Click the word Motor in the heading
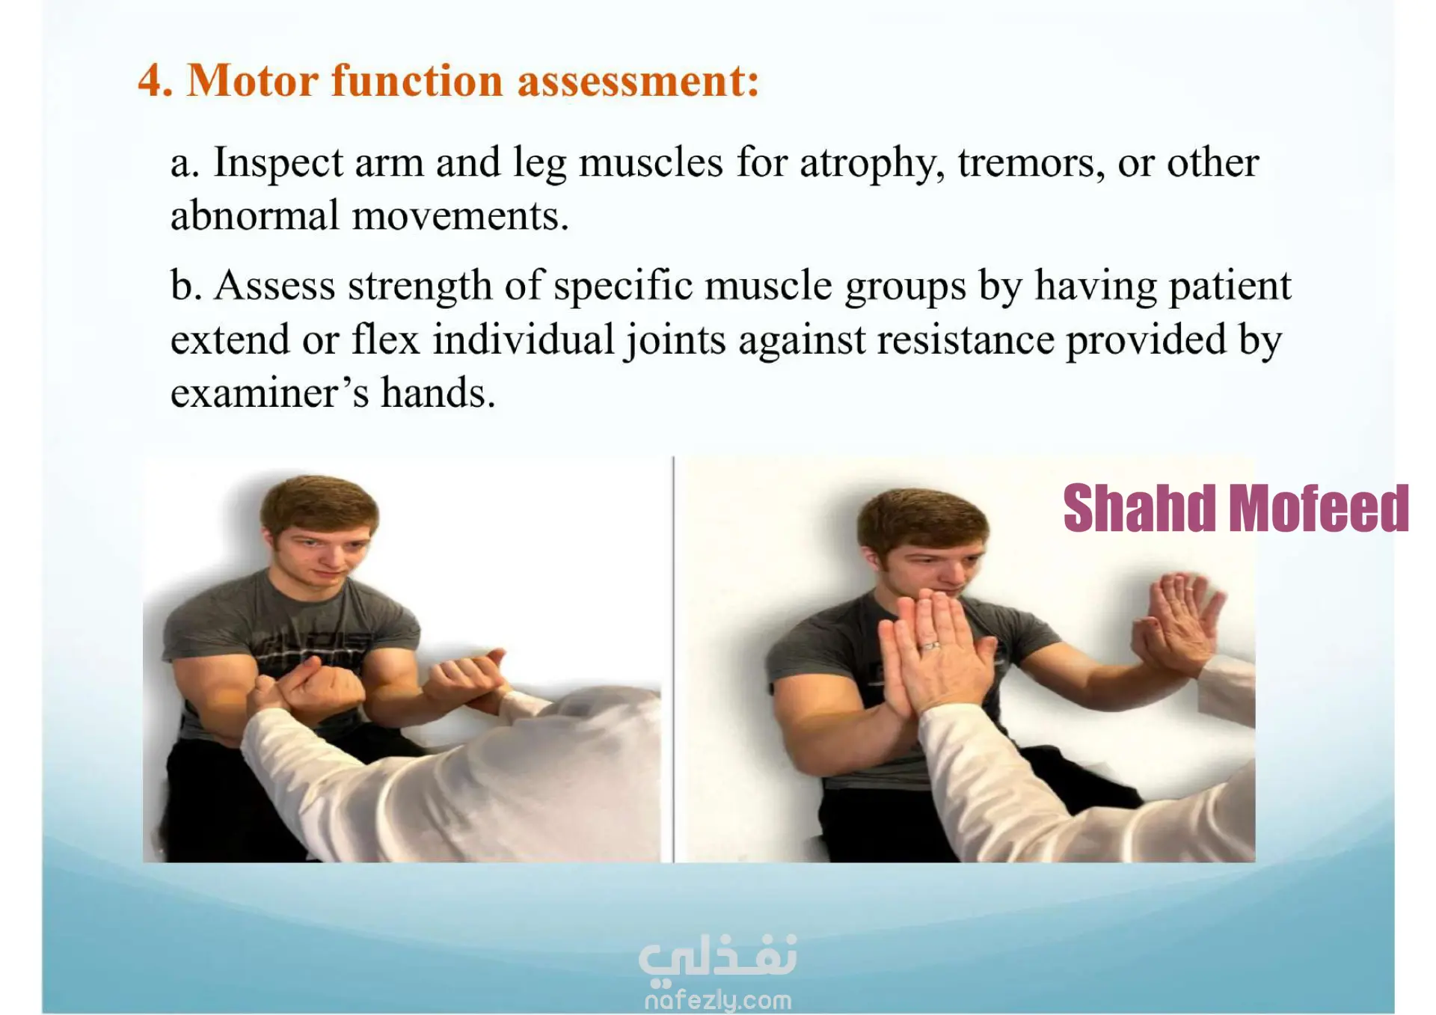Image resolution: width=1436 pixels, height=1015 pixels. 253,80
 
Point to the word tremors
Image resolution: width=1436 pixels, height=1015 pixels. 1031,163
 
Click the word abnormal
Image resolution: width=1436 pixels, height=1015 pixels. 255,215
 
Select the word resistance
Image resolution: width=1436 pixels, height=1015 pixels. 965,340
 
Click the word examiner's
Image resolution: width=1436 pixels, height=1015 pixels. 269,393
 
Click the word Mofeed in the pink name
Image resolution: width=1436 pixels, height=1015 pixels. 1320,509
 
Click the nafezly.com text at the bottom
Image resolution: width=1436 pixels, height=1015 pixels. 718,1000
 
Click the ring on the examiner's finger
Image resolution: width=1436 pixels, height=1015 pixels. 930,645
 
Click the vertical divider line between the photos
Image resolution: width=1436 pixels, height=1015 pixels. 673,659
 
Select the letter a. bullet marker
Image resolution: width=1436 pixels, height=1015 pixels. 185,163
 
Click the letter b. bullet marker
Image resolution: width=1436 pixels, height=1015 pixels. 186,286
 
